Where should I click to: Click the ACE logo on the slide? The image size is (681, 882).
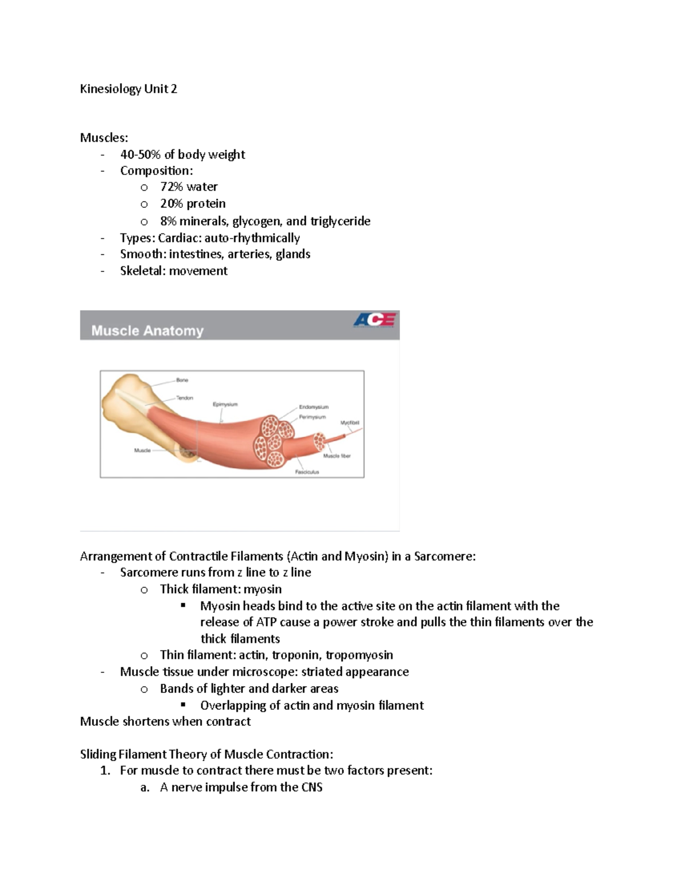(x=374, y=321)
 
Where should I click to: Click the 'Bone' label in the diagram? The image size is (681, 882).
(x=182, y=380)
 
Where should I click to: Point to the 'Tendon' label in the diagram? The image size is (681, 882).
(x=184, y=398)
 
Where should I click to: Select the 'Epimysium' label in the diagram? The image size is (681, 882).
(x=225, y=404)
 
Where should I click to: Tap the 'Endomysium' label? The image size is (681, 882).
(x=314, y=407)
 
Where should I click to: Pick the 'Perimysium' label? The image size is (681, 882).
(x=313, y=417)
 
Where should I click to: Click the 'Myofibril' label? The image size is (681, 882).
(x=350, y=423)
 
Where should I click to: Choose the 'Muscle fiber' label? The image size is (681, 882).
(x=337, y=456)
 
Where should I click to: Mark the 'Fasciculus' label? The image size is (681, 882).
(x=307, y=472)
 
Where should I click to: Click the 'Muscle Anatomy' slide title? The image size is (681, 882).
(x=148, y=331)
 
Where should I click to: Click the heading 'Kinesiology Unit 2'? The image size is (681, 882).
(x=128, y=89)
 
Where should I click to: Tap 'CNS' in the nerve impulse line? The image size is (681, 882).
(x=312, y=787)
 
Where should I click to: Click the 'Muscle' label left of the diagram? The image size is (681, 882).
(x=142, y=450)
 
